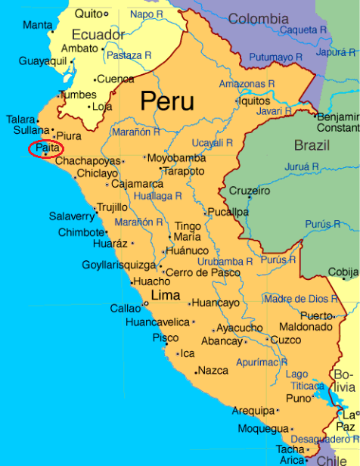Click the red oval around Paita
pos(45,150)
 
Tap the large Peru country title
pos(166,101)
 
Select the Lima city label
pos(166,295)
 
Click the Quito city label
pos(88,14)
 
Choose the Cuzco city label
pos(285,340)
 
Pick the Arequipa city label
pos(253,411)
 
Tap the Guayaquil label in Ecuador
pos(42,61)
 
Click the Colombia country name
pos(258,19)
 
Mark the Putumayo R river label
pos(272,57)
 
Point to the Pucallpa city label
pos(228,213)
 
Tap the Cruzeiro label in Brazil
pos(250,191)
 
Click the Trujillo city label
pos(112,207)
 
